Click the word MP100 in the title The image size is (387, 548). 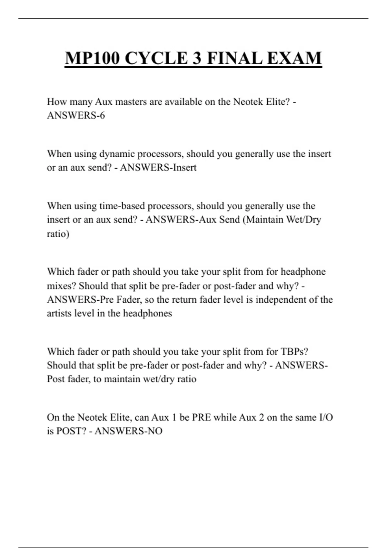click(x=92, y=58)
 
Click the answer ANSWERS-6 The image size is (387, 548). click(x=76, y=115)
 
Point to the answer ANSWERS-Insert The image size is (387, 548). click(x=158, y=168)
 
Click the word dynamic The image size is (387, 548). click(x=117, y=154)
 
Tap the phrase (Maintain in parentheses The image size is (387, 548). click(x=263, y=220)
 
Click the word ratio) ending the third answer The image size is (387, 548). click(x=58, y=234)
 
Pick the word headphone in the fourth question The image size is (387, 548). click(x=303, y=272)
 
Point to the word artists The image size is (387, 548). click(x=59, y=313)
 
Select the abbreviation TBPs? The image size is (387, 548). click(x=294, y=352)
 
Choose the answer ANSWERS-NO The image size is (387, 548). click(x=128, y=431)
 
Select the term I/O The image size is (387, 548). click(x=326, y=417)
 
